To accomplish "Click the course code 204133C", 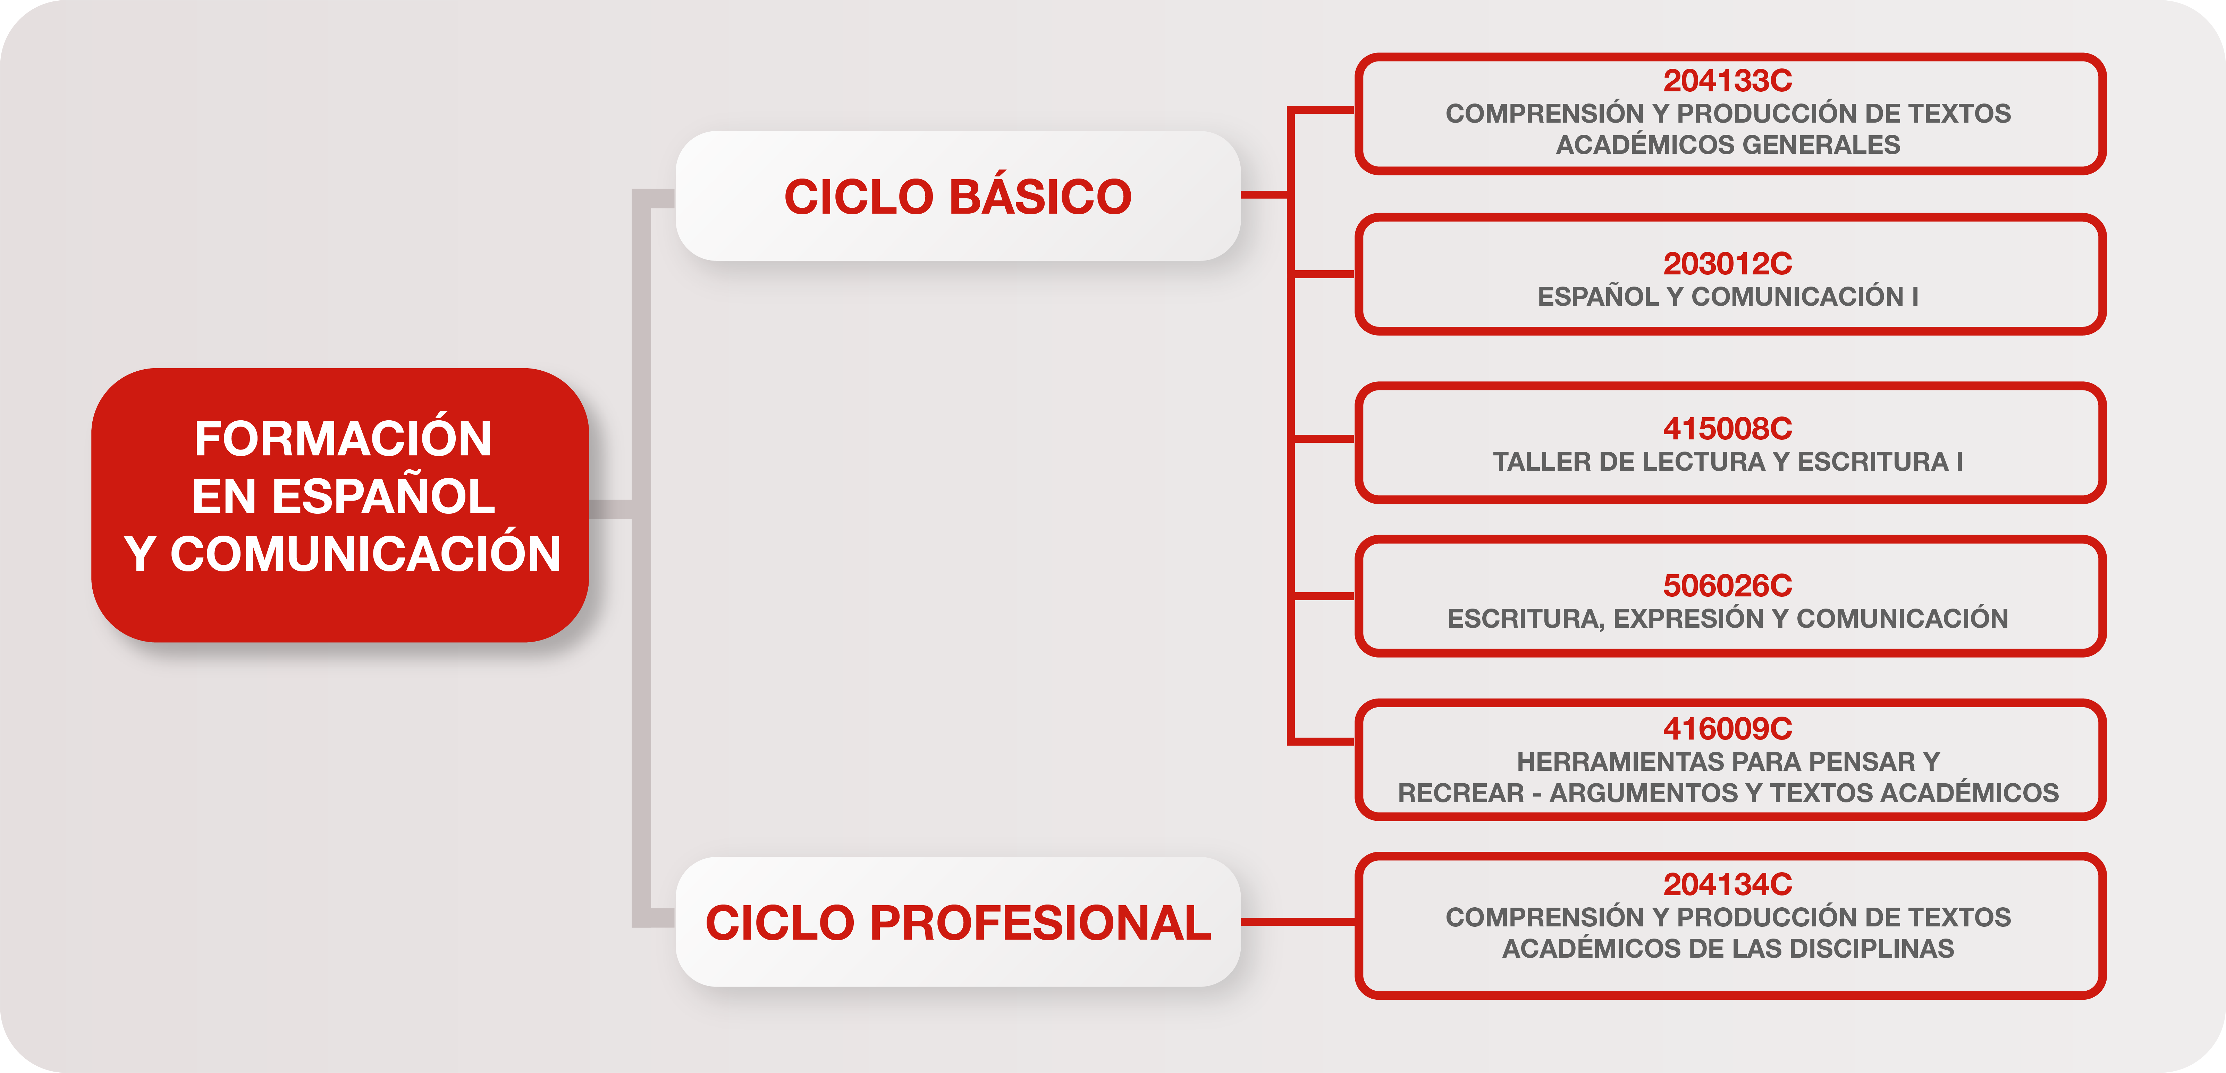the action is pyautogui.click(x=1727, y=80).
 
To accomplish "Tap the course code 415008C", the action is pyautogui.click(x=1727, y=429).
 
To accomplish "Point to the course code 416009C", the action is pyautogui.click(x=1727, y=729).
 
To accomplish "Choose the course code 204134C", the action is pyautogui.click(x=1727, y=884).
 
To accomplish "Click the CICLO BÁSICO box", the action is pyautogui.click(x=958, y=196).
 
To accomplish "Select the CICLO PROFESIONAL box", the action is pyautogui.click(x=958, y=922).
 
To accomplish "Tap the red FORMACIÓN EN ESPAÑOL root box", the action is pyautogui.click(x=340, y=505).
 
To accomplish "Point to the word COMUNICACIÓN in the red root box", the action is pyautogui.click(x=365, y=553).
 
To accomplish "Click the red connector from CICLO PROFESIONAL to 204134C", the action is pyautogui.click(x=1298, y=922).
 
